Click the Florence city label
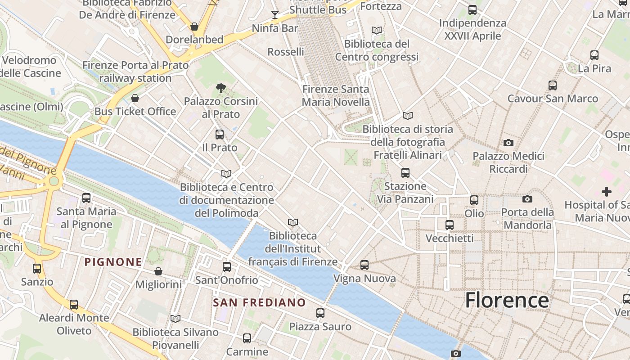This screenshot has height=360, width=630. (x=507, y=300)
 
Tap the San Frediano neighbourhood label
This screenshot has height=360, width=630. (x=259, y=302)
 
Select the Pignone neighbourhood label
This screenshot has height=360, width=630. (x=113, y=262)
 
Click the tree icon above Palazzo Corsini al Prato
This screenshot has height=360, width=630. (x=220, y=88)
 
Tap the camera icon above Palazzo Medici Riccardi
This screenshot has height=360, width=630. (x=508, y=143)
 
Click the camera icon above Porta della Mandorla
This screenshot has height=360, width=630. (x=527, y=199)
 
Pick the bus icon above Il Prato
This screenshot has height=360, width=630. (x=220, y=134)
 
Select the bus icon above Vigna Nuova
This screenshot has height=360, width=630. (x=364, y=265)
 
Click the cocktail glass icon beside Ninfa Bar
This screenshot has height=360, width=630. (x=274, y=15)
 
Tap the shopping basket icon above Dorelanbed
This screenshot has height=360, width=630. (x=194, y=27)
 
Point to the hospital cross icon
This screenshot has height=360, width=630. (x=607, y=192)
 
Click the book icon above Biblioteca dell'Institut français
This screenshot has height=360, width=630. (x=293, y=223)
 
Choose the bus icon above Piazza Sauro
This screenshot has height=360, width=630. (x=320, y=313)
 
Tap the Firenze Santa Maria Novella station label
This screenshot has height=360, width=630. (x=336, y=95)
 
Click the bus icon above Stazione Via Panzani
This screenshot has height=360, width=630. (x=405, y=173)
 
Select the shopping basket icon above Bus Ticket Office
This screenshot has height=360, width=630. (x=135, y=98)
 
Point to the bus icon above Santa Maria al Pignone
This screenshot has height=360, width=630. (x=86, y=198)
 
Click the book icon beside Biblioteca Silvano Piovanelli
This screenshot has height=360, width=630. (x=175, y=319)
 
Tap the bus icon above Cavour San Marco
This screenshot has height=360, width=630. (x=553, y=85)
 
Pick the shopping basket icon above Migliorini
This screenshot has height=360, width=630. (x=158, y=271)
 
